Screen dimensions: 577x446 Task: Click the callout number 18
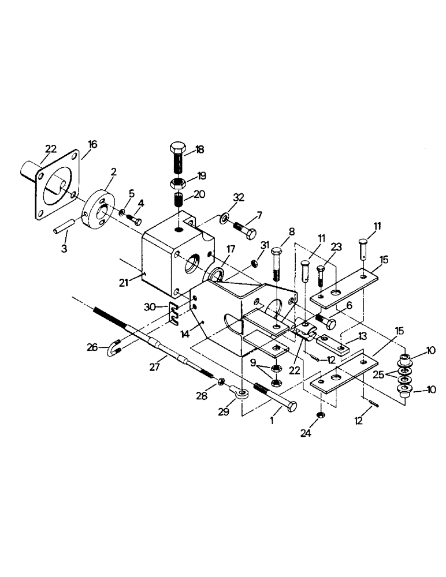200,149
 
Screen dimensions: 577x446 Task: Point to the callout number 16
93,144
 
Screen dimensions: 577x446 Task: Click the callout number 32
239,197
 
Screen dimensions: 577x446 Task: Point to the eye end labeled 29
241,395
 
